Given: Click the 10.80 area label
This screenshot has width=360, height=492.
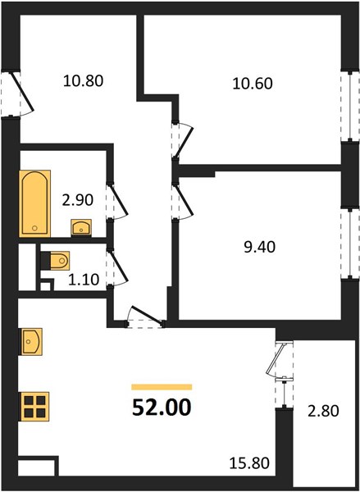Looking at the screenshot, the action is (x=83, y=81).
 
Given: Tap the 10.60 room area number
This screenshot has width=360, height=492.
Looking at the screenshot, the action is (x=253, y=84).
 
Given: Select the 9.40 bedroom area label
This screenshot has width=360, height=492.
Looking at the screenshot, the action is (x=260, y=247).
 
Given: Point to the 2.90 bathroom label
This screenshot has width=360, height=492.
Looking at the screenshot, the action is (x=78, y=200).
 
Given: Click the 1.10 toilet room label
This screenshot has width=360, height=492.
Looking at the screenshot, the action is (x=84, y=280).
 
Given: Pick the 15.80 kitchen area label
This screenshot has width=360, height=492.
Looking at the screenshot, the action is (x=249, y=463).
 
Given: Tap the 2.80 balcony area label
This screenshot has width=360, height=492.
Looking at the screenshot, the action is (x=323, y=411).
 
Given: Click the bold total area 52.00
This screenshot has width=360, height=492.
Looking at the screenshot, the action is (x=162, y=408).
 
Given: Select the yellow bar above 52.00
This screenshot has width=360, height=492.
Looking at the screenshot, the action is (x=162, y=387).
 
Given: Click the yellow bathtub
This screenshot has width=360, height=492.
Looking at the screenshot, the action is (x=34, y=203).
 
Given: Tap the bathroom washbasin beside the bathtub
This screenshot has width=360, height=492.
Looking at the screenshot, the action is (x=81, y=227).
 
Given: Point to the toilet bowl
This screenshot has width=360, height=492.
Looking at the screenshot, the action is (x=59, y=261).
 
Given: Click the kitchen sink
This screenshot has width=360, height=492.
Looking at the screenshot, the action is (x=31, y=341).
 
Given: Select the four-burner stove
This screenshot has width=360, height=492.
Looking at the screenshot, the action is (x=34, y=407).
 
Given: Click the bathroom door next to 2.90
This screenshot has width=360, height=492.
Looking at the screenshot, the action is (x=119, y=201).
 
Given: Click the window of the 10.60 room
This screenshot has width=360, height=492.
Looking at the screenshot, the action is (x=350, y=106).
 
